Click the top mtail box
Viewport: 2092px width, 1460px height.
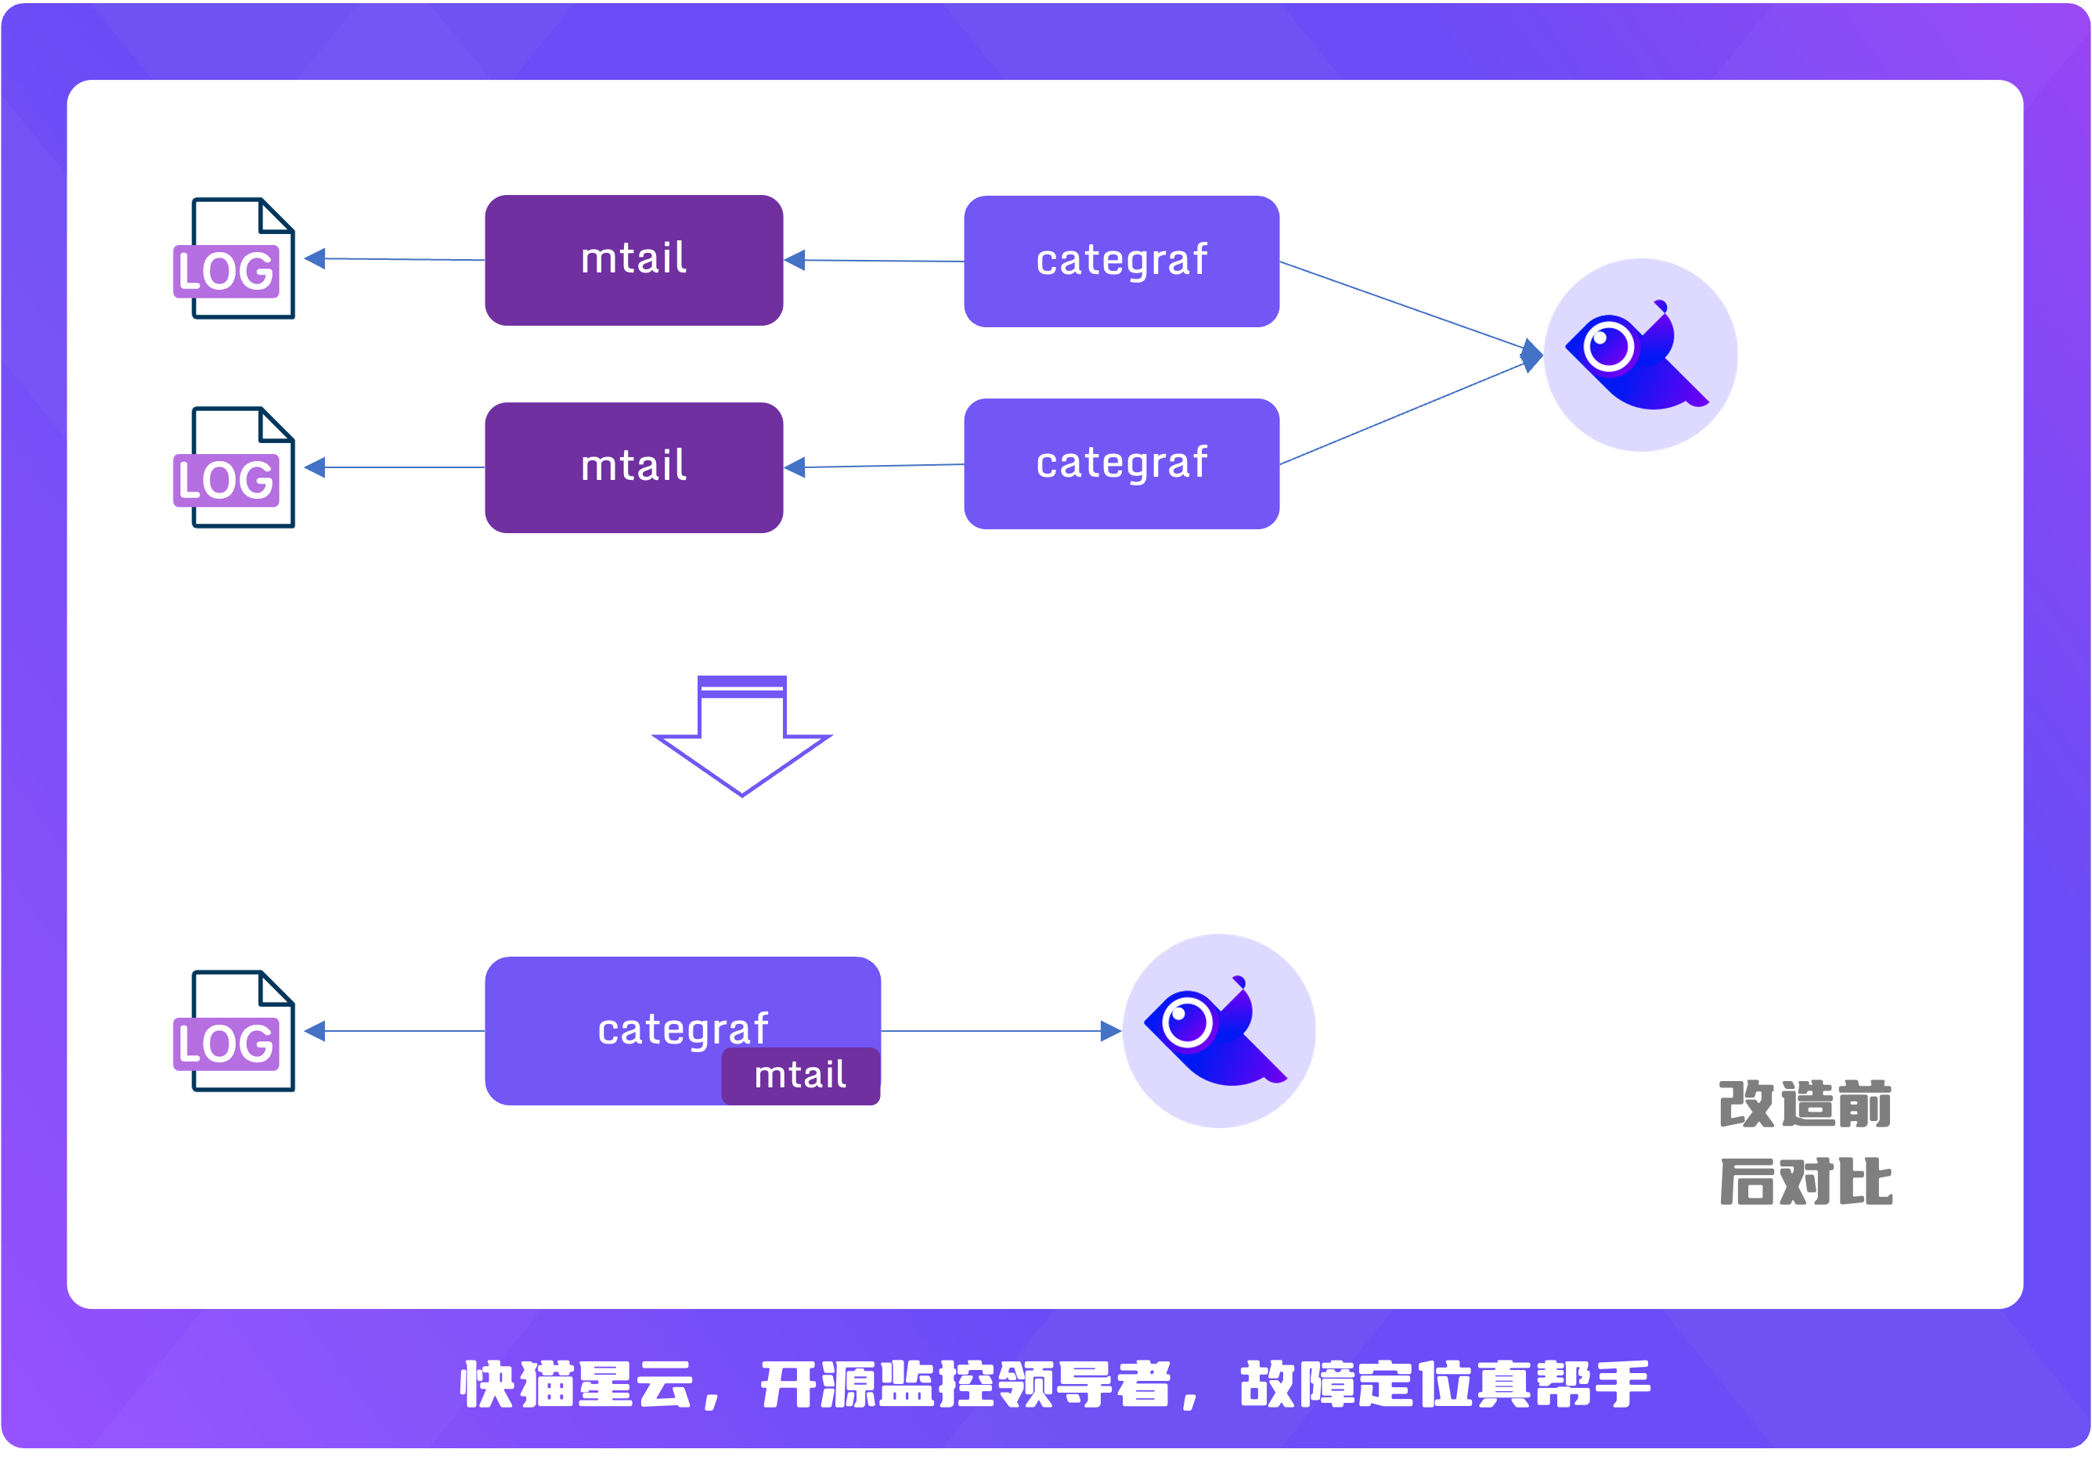(633, 260)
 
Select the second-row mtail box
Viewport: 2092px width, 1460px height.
(633, 467)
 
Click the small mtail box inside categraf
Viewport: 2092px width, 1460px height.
(800, 1076)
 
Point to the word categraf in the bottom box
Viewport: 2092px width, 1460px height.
(683, 1029)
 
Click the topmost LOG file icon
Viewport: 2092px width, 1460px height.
(235, 258)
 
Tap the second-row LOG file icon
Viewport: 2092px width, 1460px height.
(235, 467)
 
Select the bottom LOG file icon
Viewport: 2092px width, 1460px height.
(235, 1031)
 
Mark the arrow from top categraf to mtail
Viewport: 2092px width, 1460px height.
(875, 261)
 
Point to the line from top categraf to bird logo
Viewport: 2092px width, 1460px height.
(1403, 305)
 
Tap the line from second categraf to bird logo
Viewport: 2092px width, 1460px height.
(1403, 413)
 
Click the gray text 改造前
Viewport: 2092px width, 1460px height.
(1805, 1105)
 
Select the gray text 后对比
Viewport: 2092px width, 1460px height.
(1805, 1182)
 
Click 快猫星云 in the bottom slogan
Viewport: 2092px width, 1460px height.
(577, 1384)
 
